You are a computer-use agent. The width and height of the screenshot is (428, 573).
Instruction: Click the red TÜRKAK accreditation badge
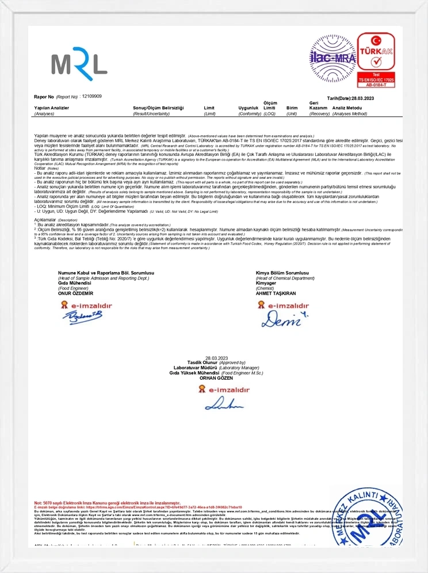(376, 60)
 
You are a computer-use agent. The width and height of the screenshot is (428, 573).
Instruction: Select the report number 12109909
(92, 96)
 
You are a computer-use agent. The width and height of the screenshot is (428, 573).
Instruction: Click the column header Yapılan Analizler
(52, 108)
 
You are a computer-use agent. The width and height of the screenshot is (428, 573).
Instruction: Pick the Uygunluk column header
(249, 108)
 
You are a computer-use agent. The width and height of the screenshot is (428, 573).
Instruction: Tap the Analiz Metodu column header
(347, 108)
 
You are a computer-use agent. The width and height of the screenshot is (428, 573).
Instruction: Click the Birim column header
(292, 108)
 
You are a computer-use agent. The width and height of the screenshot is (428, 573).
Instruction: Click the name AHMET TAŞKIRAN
(276, 292)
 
